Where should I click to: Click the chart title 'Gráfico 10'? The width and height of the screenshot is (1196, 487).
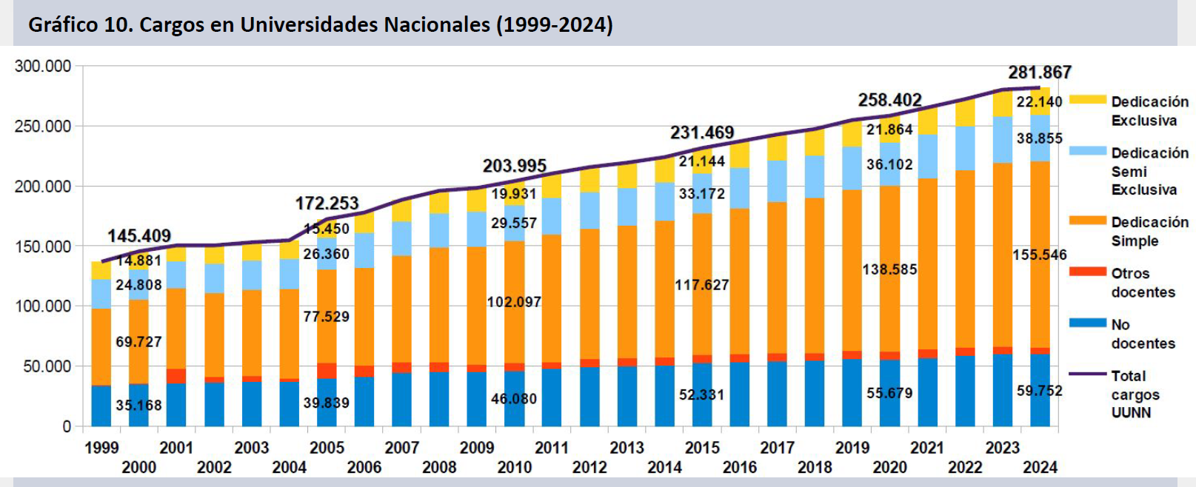pyautogui.click(x=320, y=24)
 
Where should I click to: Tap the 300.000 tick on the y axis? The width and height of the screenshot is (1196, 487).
pyautogui.click(x=43, y=67)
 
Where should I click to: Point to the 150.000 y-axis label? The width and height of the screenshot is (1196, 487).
pyautogui.click(x=43, y=246)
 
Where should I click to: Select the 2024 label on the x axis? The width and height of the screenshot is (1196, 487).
pyautogui.click(x=1040, y=468)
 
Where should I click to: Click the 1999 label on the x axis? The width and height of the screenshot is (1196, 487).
pyautogui.click(x=101, y=448)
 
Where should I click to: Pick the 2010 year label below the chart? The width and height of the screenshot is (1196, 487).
pyautogui.click(x=514, y=468)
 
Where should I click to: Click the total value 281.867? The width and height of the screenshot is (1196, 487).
pyautogui.click(x=1040, y=73)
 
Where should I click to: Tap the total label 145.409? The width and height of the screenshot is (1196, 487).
pyautogui.click(x=139, y=236)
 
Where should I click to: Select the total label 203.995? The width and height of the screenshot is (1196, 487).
pyautogui.click(x=514, y=166)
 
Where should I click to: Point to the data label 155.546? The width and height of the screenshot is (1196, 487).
pyautogui.click(x=1040, y=255)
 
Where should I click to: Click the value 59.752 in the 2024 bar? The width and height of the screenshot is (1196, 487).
pyautogui.click(x=1040, y=391)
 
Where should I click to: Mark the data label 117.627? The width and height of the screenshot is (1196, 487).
pyautogui.click(x=701, y=285)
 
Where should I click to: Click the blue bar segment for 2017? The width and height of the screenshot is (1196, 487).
pyautogui.click(x=777, y=394)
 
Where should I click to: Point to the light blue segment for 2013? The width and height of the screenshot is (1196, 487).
pyautogui.click(x=627, y=207)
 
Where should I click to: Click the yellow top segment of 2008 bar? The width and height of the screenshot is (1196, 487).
pyautogui.click(x=439, y=203)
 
